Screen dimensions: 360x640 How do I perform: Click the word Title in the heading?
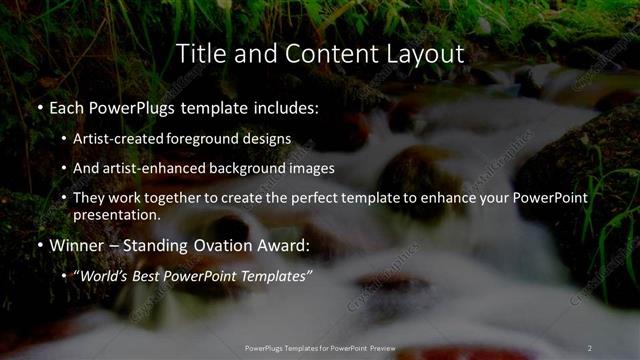pyautogui.click(x=198, y=53)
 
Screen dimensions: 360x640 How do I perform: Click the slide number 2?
pyautogui.click(x=590, y=348)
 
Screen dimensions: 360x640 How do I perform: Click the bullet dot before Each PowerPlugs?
pyautogui.click(x=40, y=107)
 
